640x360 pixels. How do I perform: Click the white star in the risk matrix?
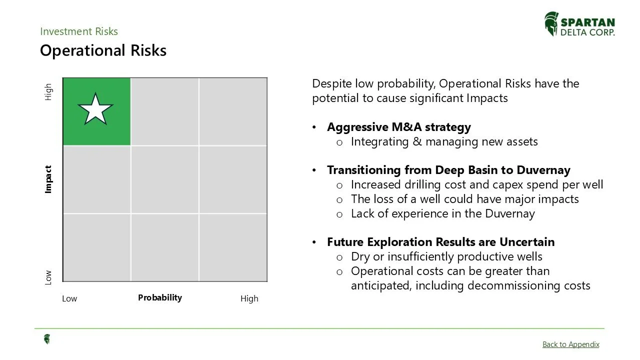point(95,109)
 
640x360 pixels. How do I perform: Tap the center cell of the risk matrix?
point(164,179)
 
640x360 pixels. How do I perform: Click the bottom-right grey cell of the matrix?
point(232,247)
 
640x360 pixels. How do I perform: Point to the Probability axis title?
point(160,297)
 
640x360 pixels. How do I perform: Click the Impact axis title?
point(48,179)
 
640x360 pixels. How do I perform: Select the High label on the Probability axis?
point(249,298)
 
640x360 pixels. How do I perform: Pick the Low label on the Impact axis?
point(48,277)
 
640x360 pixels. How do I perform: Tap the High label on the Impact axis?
point(48,91)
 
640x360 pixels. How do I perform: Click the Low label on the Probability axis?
point(69,298)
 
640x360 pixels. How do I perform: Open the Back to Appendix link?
point(570,344)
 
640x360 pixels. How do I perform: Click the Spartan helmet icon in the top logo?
point(551,24)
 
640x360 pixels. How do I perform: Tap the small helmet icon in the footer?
point(46,339)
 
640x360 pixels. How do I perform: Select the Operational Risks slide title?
point(103,50)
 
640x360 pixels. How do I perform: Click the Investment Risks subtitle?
point(79,31)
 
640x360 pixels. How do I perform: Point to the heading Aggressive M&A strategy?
point(398,127)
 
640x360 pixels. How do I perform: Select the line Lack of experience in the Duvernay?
point(442,213)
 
